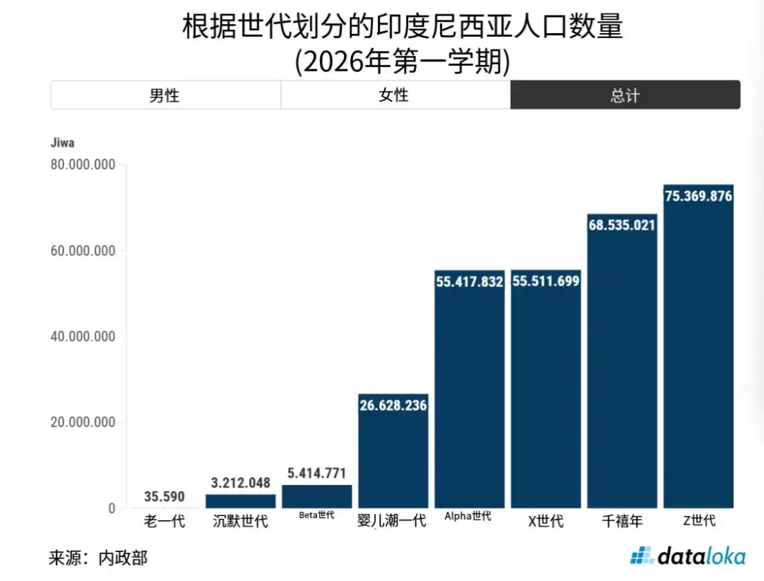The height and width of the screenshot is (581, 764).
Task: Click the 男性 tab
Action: pos(165,95)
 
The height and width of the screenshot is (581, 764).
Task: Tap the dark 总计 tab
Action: pos(625,95)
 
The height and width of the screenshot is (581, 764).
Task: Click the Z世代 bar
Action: pos(698,346)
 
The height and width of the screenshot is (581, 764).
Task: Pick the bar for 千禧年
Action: pos(622,361)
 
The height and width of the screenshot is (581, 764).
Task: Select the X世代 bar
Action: pos(545,389)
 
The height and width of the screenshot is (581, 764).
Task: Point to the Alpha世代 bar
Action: pos(469,389)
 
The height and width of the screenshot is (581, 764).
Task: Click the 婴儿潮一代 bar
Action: pos(393,451)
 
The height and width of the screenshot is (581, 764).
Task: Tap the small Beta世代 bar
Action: pos(317,497)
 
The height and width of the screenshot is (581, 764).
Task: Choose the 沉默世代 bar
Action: pos(241,502)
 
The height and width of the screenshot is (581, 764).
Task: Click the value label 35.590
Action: pos(164,497)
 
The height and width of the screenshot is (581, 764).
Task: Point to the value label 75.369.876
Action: pos(699,196)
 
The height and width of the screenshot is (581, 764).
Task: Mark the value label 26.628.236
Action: pos(393,405)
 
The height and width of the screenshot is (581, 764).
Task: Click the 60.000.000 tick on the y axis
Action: pos(83,251)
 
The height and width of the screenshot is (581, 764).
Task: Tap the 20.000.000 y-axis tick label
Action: pos(83,422)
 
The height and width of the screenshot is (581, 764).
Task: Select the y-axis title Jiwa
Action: pos(62,143)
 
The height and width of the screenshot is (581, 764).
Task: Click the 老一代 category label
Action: pos(164,521)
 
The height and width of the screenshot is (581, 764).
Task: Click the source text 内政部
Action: pos(123,558)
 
